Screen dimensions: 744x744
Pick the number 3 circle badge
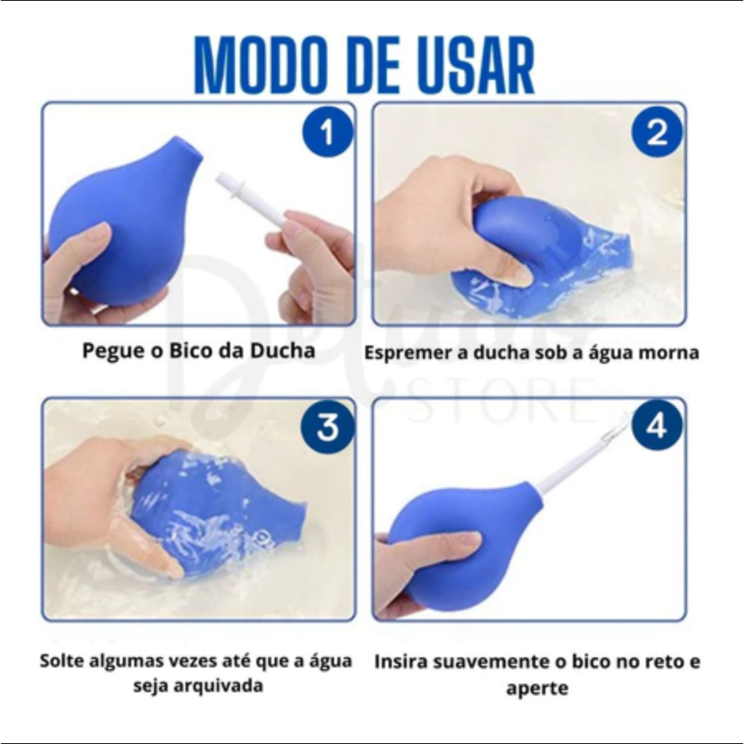(327, 426)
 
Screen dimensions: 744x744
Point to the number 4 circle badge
(657, 426)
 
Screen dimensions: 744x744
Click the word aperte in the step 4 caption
(537, 689)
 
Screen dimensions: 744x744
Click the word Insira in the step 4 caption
(402, 662)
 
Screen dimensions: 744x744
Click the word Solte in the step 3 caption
(63, 661)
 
